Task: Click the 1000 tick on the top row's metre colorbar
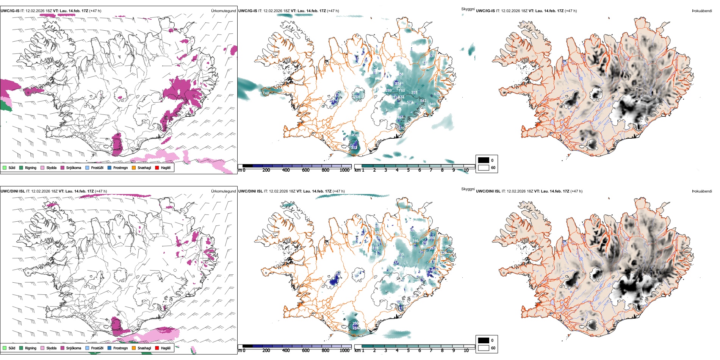pos(344,170)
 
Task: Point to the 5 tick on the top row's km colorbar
pos(408,170)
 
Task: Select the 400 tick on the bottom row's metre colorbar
pos(286,351)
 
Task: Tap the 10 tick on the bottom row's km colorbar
pos(466,351)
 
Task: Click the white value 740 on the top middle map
pos(265,93)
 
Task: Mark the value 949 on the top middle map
pos(432,104)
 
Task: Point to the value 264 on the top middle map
pos(357,97)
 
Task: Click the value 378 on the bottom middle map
pos(375,249)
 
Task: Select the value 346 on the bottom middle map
pos(415,241)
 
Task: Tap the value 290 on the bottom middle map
pos(355,324)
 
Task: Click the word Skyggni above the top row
pos(468,9)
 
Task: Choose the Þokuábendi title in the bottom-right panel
pos(702,191)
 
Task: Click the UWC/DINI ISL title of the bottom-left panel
pos(13,191)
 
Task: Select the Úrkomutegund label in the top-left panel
pos(223,11)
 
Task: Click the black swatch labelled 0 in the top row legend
pos(484,160)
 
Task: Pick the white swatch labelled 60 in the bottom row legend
pos(484,348)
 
